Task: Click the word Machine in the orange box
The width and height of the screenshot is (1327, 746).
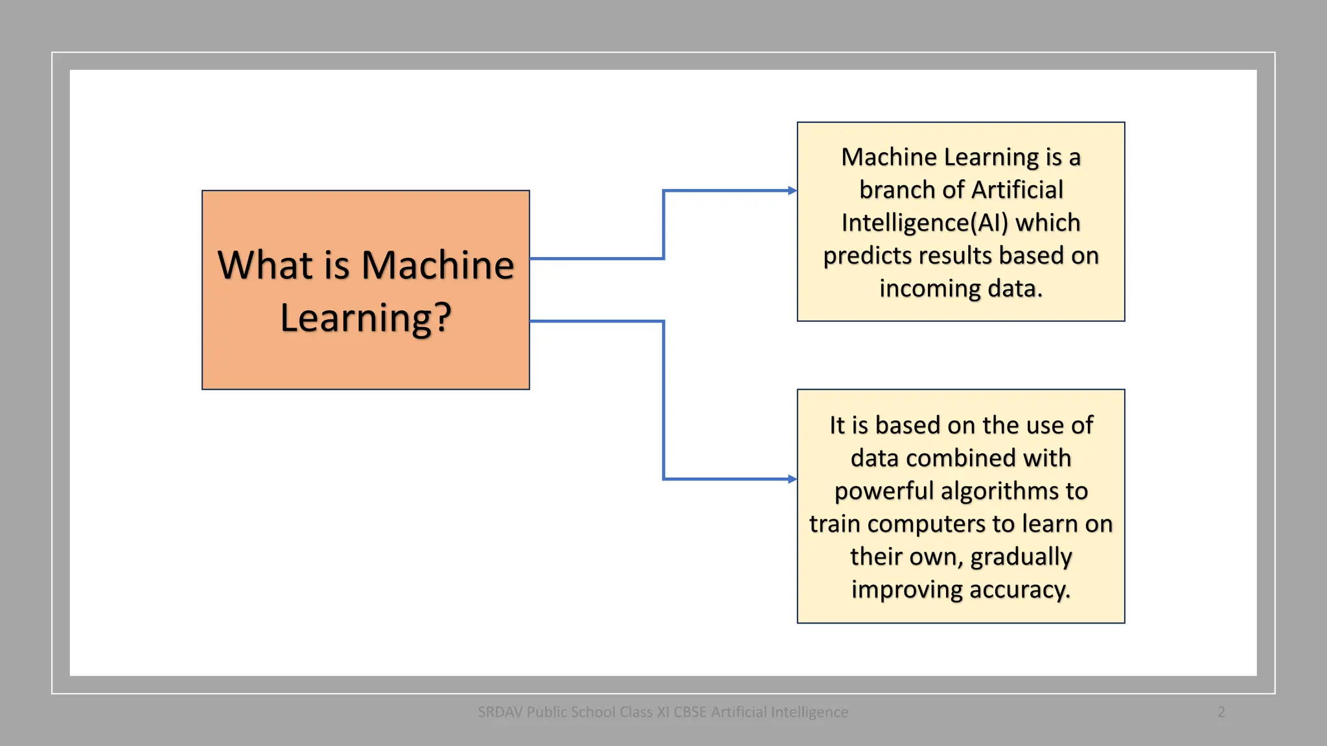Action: click(x=437, y=265)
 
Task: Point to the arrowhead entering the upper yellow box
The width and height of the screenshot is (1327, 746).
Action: click(x=792, y=190)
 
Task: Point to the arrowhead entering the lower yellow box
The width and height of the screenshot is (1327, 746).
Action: click(x=792, y=479)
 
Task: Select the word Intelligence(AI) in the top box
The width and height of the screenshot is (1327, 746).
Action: click(x=925, y=223)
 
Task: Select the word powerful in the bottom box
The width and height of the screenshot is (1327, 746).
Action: click(x=884, y=491)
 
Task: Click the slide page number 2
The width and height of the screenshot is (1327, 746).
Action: click(x=1221, y=712)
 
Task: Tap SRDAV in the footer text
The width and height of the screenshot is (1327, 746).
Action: click(x=500, y=712)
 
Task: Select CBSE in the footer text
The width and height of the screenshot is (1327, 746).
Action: click(x=689, y=712)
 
